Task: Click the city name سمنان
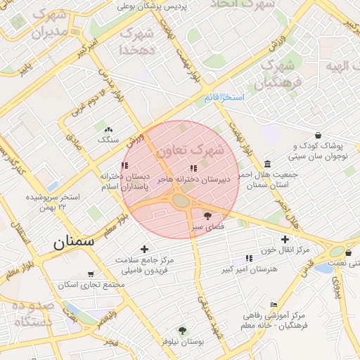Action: click(x=72, y=243)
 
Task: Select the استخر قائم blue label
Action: click(x=226, y=97)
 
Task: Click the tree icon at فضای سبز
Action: click(x=207, y=215)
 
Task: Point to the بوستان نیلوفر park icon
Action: click(x=183, y=330)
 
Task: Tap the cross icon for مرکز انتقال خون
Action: click(x=285, y=239)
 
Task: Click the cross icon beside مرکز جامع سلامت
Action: click(x=145, y=249)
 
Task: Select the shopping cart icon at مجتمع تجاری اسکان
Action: click(x=90, y=274)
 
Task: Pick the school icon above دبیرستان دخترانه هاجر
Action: click(x=193, y=169)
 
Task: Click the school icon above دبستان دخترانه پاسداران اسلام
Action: click(x=125, y=165)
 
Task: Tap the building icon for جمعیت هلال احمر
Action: click(x=268, y=164)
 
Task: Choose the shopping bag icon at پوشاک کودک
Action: click(x=319, y=135)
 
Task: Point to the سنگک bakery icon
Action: click(x=108, y=129)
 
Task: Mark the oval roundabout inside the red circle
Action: click(x=181, y=201)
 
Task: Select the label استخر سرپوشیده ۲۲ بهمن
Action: click(x=53, y=202)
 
